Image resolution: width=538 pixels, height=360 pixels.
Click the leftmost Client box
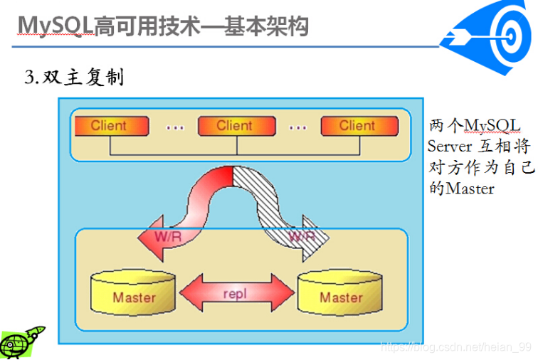pyautogui.click(x=112, y=126)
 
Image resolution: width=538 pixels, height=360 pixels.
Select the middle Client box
pyautogui.click(x=237, y=126)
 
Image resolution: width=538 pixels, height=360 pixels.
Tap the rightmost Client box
pyautogui.click(x=359, y=126)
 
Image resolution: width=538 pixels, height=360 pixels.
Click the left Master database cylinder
pyautogui.click(x=133, y=292)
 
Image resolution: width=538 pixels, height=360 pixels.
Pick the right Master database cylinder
pyautogui.click(x=340, y=292)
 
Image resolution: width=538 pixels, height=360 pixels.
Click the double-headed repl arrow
pyautogui.click(x=237, y=292)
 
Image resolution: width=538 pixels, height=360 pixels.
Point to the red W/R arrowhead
pyautogui.click(x=154, y=238)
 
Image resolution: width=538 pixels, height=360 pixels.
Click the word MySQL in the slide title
pyautogui.click(x=56, y=26)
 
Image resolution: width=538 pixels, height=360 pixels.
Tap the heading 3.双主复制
pyautogui.click(x=74, y=77)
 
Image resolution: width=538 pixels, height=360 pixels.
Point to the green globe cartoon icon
pyautogui.click(x=21, y=342)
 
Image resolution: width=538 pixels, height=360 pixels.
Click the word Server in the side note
pyautogui.click(x=450, y=147)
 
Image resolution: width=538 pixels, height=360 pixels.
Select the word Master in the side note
pyautogui.click(x=470, y=189)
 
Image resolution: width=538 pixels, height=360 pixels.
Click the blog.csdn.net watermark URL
pyautogui.click(x=456, y=346)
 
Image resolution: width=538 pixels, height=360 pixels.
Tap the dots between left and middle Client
pyautogui.click(x=175, y=128)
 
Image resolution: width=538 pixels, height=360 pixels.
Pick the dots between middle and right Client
pyautogui.click(x=297, y=128)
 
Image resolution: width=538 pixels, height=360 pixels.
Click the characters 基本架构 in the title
pyautogui.click(x=266, y=26)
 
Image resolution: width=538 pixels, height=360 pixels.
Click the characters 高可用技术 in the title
pyautogui.click(x=147, y=26)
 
